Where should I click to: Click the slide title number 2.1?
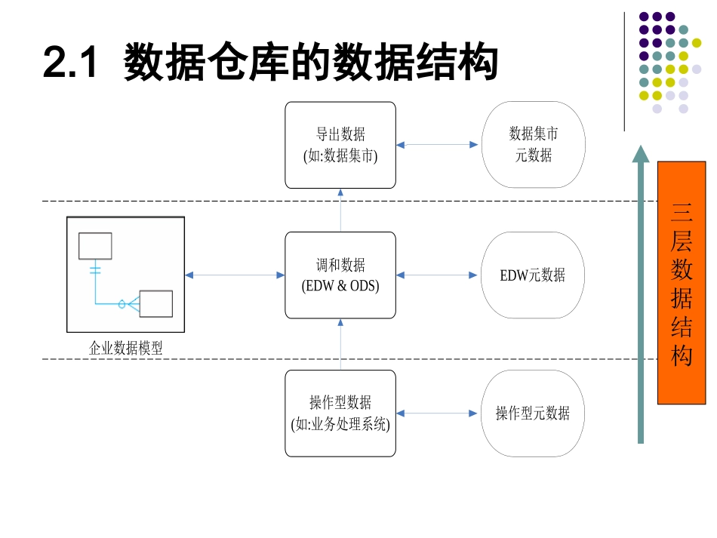click(x=71, y=63)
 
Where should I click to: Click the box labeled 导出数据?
click(x=340, y=145)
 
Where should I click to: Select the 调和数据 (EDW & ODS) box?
click(x=340, y=275)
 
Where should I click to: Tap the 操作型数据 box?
click(x=340, y=413)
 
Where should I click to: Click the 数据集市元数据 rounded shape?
click(x=533, y=145)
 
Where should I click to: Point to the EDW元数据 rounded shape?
click(x=533, y=275)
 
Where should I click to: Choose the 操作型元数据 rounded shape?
click(x=533, y=413)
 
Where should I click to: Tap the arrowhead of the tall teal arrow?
click(x=641, y=154)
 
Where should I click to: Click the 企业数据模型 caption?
click(x=126, y=348)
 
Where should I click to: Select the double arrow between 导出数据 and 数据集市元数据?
click(x=439, y=145)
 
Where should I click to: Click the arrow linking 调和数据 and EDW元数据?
click(x=439, y=275)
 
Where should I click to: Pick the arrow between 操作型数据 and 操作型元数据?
click(x=439, y=413)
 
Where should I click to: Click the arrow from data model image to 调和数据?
click(x=235, y=275)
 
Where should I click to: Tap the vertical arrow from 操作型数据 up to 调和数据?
click(x=340, y=344)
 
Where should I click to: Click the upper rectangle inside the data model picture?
click(x=95, y=246)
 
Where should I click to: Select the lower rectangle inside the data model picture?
click(x=156, y=303)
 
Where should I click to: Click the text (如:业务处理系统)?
click(x=340, y=424)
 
